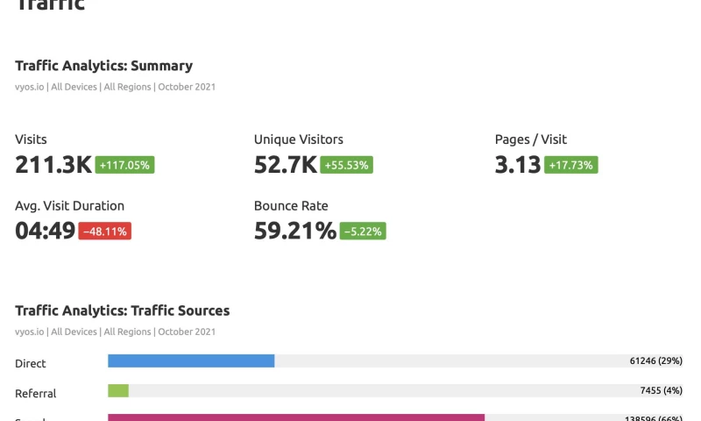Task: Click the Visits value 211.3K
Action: [x=53, y=164]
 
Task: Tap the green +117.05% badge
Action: [x=125, y=165]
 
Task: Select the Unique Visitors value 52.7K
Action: [x=286, y=164]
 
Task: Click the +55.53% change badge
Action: [x=347, y=165]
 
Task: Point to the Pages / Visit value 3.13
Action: [x=518, y=164]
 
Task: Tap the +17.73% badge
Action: [x=571, y=165]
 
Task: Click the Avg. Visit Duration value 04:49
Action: [x=46, y=231]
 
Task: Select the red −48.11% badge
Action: [x=105, y=232]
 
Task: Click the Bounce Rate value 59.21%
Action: [x=295, y=231]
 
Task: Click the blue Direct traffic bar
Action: [x=191, y=360]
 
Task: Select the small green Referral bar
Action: [x=118, y=390]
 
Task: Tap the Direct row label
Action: [x=31, y=363]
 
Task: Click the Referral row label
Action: [x=36, y=394]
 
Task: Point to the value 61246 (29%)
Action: [x=655, y=360]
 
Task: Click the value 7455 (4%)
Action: [x=661, y=390]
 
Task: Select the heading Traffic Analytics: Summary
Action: [x=103, y=66]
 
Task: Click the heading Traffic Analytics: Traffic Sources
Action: [x=123, y=310]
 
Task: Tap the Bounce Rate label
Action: [x=291, y=206]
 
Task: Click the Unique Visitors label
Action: [x=299, y=139]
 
